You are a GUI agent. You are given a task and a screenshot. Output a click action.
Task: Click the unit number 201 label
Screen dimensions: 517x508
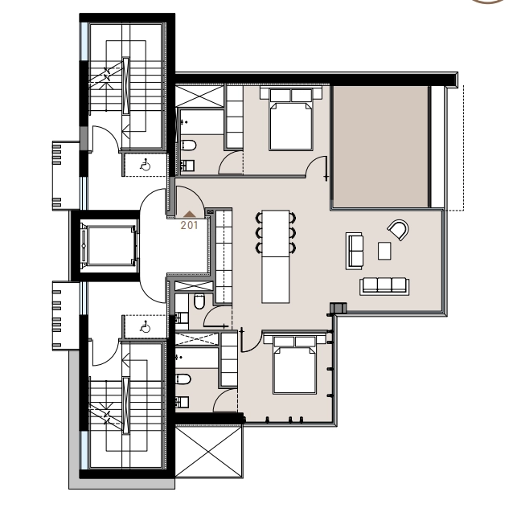(x=189, y=226)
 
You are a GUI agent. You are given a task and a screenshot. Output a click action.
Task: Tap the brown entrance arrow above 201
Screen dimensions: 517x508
(x=189, y=215)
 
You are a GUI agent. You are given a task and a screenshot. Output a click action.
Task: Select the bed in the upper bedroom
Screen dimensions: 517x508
(x=290, y=119)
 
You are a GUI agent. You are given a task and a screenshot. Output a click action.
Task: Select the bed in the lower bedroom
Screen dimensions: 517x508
(x=295, y=365)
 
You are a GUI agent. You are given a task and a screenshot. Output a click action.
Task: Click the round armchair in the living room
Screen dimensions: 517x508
(x=398, y=230)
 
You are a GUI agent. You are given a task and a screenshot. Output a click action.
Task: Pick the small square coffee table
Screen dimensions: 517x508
(x=384, y=251)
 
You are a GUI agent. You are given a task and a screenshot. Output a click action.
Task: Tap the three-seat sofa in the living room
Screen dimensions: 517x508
(x=384, y=286)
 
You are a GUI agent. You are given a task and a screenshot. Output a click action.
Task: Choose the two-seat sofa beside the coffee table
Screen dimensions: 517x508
(x=355, y=251)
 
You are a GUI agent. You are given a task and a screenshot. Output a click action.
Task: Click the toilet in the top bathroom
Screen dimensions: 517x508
(x=189, y=145)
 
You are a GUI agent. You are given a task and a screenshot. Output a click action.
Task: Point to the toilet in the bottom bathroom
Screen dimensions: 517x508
(x=183, y=379)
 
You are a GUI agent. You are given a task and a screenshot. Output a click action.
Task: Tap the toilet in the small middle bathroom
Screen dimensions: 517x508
(x=199, y=301)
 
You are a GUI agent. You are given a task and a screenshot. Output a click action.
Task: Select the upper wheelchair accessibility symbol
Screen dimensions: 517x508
(x=145, y=164)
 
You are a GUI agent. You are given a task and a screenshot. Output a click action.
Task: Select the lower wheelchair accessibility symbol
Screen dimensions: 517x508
(x=145, y=326)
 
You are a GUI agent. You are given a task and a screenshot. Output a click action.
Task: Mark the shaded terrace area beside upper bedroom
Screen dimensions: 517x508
(x=381, y=147)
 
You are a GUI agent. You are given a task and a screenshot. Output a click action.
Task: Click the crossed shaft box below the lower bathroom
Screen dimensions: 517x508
(x=208, y=451)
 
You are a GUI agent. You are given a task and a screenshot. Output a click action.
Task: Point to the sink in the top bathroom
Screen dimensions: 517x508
(x=187, y=166)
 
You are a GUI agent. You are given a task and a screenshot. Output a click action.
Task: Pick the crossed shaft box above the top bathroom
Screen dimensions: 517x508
(x=199, y=96)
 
